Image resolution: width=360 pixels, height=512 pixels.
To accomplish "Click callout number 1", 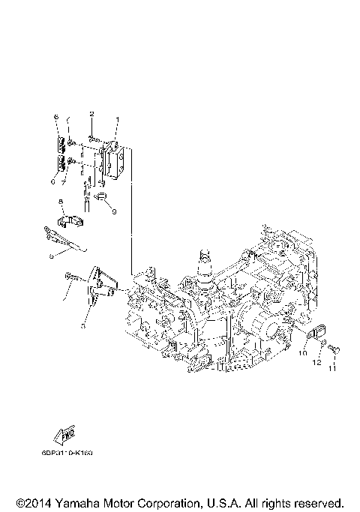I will click(x=116, y=120).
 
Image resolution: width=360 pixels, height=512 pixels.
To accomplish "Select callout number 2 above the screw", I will click(x=91, y=113).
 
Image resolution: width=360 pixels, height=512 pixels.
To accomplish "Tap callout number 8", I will click(x=61, y=202).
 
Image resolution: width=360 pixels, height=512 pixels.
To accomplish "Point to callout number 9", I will click(x=115, y=211).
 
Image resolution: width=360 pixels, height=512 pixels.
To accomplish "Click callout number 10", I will click(x=305, y=351).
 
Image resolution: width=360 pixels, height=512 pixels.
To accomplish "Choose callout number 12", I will click(x=317, y=362).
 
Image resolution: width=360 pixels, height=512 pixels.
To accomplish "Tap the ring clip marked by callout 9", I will click(x=103, y=199).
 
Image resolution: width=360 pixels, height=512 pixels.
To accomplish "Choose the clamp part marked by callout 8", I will click(x=70, y=223).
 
